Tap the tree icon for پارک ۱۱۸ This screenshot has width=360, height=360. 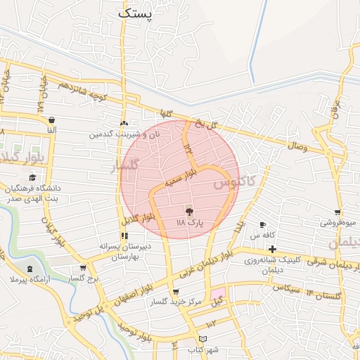tap(189, 211)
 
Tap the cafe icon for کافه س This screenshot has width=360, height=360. tap(262, 224)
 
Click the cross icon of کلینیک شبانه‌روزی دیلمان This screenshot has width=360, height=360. tap(271, 249)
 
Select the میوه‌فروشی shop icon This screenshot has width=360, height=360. tap(337, 212)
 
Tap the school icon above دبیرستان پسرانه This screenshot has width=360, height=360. tap(124, 236)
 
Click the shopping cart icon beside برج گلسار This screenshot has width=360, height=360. tap(84, 268)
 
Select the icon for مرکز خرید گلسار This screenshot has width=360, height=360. tap(176, 292)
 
